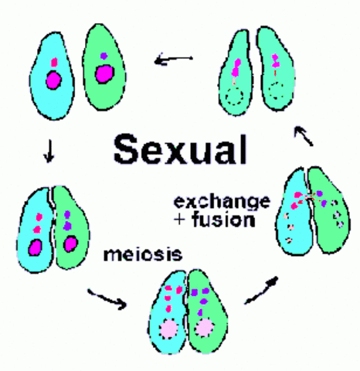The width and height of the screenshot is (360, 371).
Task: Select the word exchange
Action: click(222, 203)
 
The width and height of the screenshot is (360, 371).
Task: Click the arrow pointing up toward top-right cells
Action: click(305, 137)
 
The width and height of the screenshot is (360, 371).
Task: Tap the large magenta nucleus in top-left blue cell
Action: click(54, 79)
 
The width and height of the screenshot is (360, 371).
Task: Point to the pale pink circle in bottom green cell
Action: click(205, 328)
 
